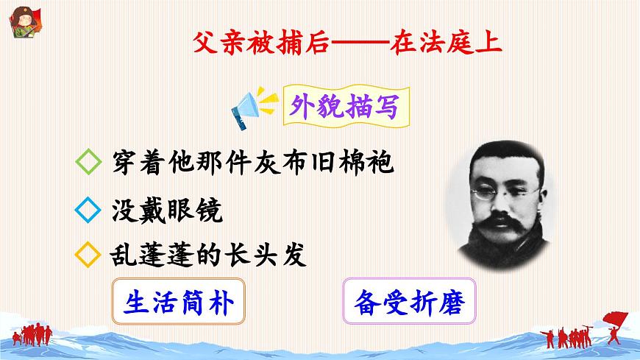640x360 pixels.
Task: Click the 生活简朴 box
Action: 179,303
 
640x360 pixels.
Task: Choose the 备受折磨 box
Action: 410,303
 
